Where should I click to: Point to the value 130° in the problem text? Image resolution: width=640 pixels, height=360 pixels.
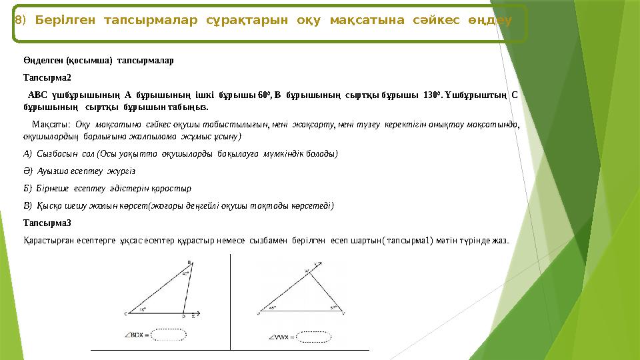click(x=432, y=95)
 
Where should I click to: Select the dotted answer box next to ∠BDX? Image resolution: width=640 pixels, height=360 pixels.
click(x=170, y=334)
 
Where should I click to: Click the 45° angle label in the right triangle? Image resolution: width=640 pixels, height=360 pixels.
click(x=272, y=308)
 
